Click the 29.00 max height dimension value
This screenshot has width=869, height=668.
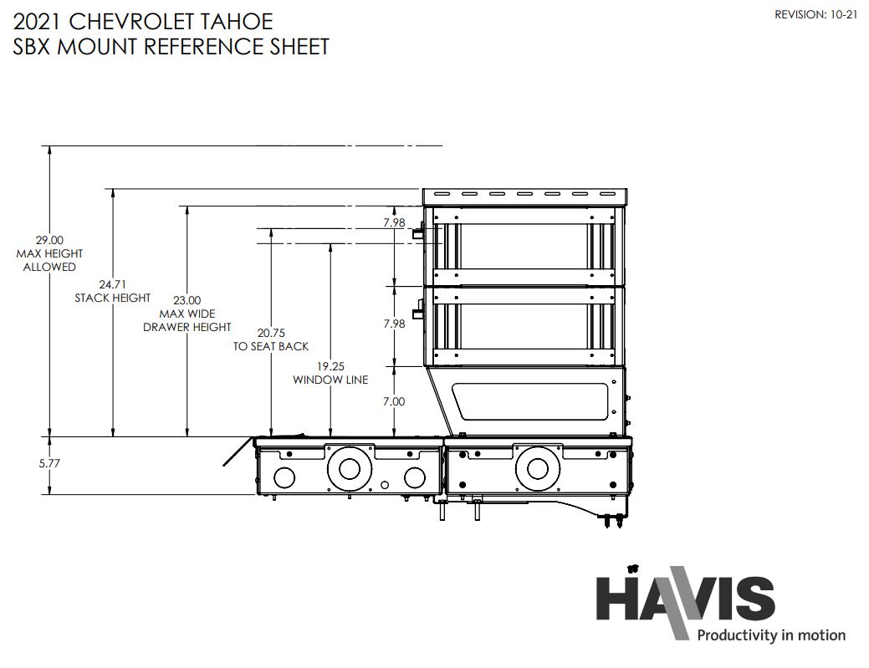(x=49, y=241)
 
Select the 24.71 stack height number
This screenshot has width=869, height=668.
(x=113, y=285)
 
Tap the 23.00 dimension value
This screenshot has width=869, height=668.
(x=187, y=301)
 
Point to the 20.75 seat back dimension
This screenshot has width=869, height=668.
(x=271, y=333)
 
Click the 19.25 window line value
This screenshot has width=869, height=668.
(x=330, y=366)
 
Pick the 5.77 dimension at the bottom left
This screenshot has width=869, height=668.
(x=49, y=463)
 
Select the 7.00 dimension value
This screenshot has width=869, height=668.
(x=394, y=401)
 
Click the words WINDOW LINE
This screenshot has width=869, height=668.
(x=330, y=380)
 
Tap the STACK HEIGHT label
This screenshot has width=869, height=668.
(x=113, y=298)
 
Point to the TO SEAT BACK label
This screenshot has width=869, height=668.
(x=271, y=347)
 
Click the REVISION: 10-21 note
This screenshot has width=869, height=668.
(x=815, y=15)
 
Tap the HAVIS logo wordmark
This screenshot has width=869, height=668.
(x=686, y=599)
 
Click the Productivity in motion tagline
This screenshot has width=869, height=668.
(x=771, y=635)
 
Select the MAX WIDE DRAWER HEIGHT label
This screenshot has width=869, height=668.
(x=187, y=321)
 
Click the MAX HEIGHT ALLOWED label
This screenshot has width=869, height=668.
(x=49, y=260)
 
